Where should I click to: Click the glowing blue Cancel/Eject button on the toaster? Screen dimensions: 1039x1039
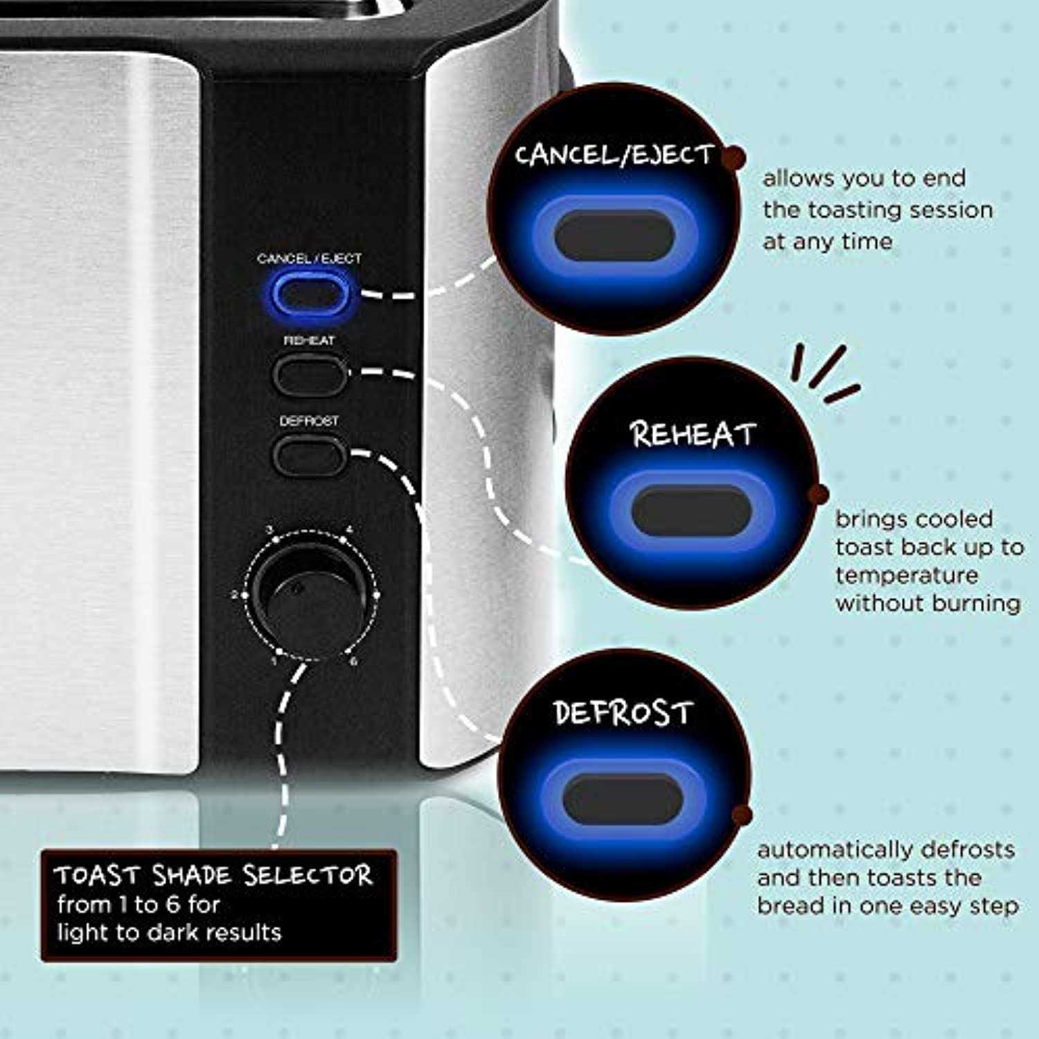[309, 294]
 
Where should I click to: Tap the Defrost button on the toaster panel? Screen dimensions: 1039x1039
[309, 455]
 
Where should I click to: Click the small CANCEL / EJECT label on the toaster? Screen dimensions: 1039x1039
[309, 259]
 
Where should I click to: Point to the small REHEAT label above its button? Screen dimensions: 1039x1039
[309, 341]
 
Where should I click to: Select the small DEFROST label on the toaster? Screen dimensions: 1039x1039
[309, 421]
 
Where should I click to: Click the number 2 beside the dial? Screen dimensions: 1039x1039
[235, 595]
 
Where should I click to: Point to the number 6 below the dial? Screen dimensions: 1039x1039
[354, 661]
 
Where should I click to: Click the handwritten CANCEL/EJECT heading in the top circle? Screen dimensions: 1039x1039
[614, 154]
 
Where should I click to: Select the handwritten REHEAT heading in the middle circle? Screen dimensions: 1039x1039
[692, 434]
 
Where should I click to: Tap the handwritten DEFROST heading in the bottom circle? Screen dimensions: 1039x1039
[623, 712]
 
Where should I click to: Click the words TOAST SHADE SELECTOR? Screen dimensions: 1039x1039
[213, 876]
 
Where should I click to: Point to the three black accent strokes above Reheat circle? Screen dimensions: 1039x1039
[824, 374]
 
